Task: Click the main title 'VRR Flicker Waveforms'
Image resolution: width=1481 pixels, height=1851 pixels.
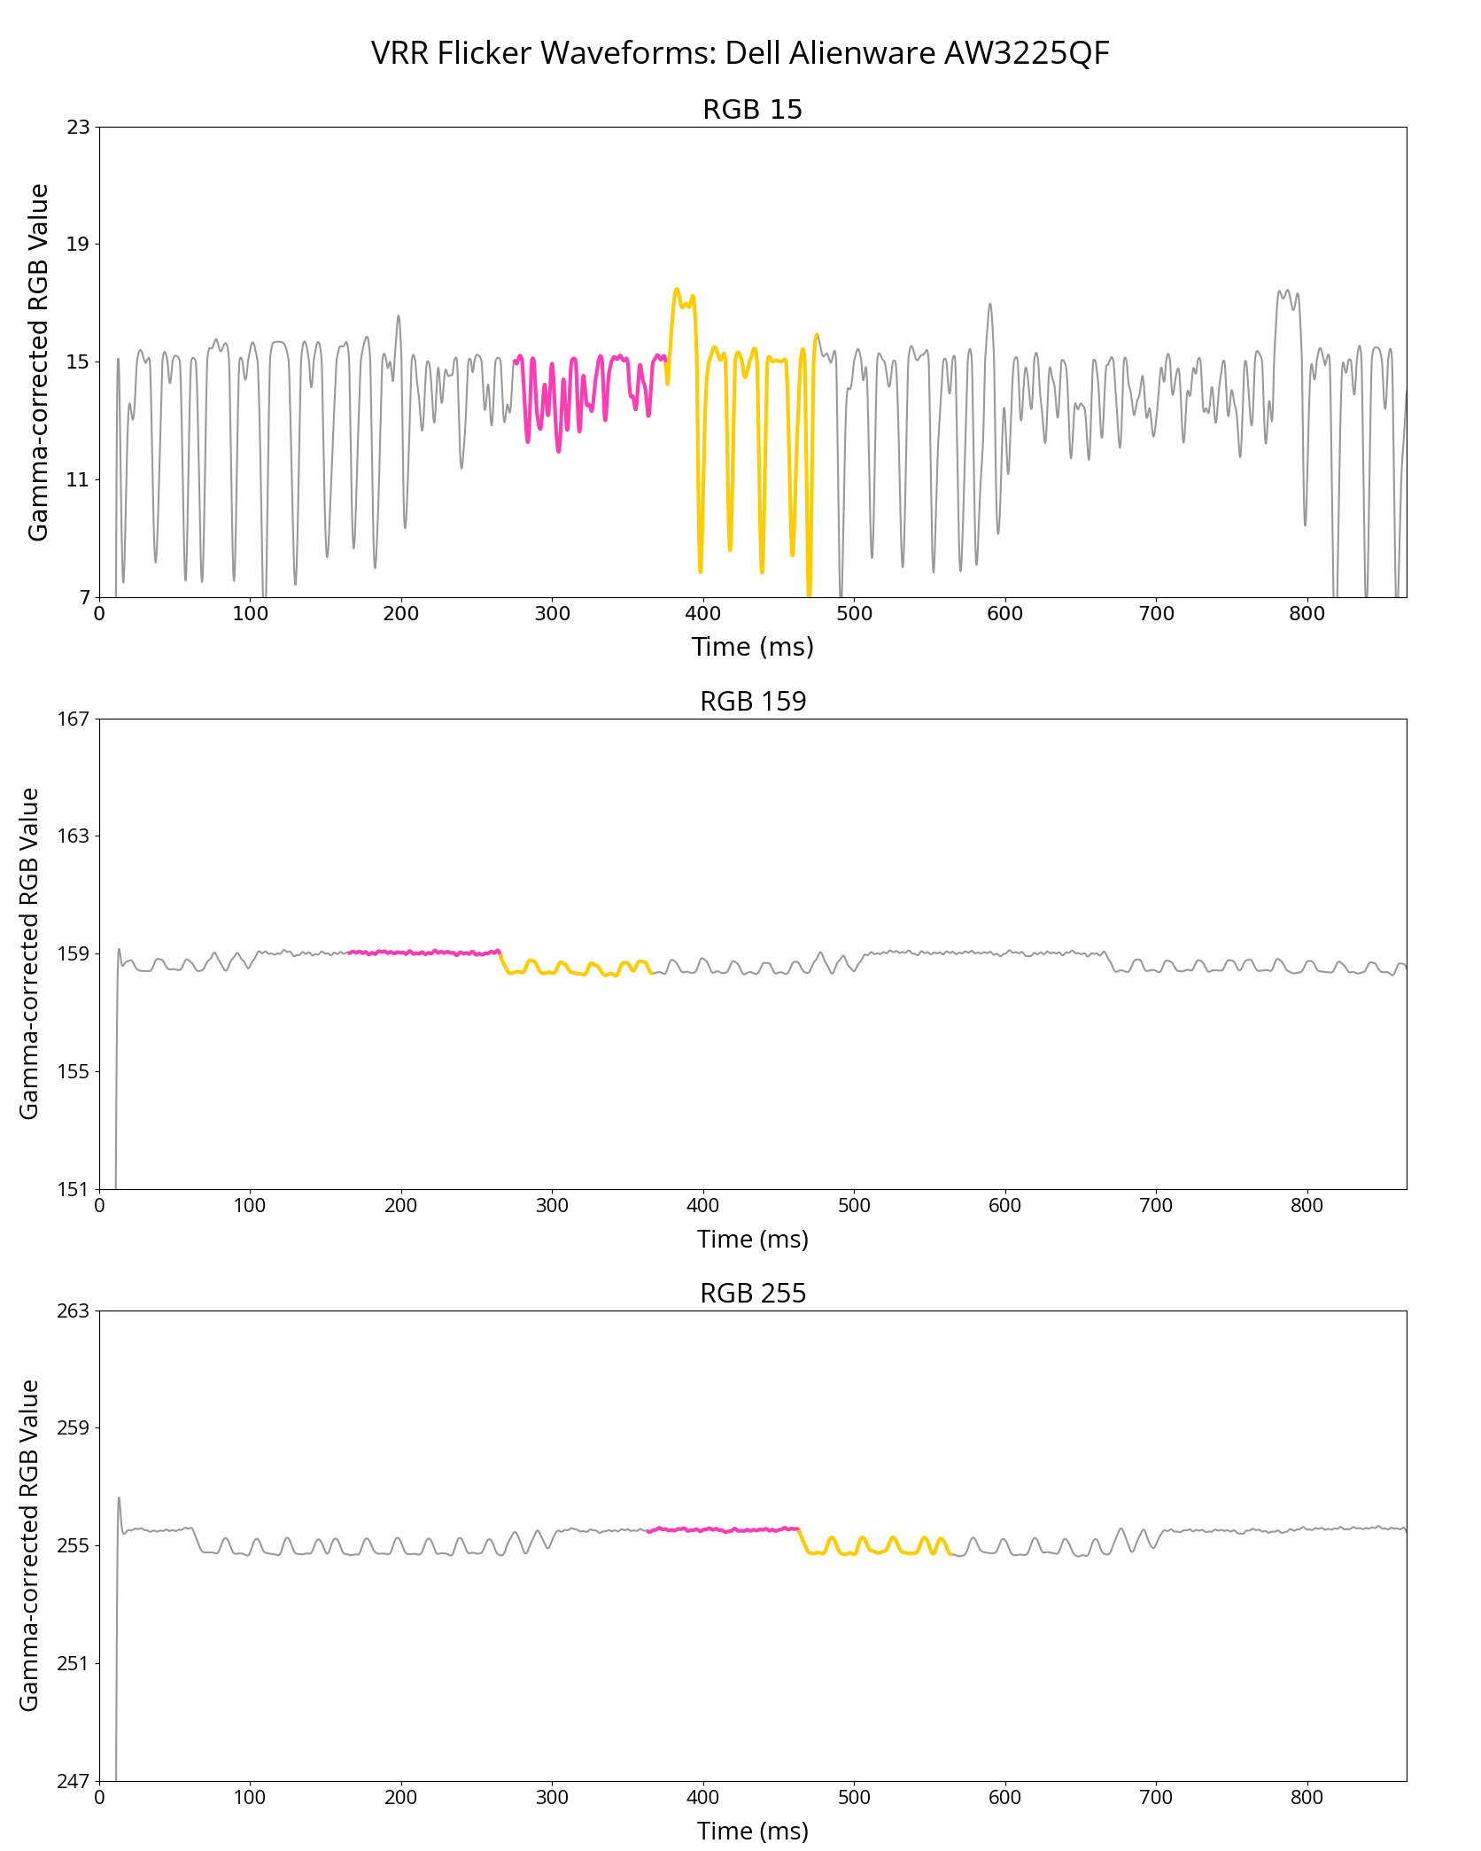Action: click(x=740, y=53)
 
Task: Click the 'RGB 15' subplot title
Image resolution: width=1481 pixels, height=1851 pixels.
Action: click(x=752, y=110)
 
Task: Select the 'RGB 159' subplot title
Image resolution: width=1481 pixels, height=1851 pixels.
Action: click(x=752, y=702)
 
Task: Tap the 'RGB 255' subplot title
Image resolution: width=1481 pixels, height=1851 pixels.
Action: click(x=752, y=1294)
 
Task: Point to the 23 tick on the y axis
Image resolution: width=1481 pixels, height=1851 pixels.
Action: click(x=79, y=127)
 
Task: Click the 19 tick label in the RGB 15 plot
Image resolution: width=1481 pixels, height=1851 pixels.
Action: click(x=79, y=245)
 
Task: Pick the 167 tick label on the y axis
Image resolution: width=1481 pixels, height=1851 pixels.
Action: click(x=74, y=719)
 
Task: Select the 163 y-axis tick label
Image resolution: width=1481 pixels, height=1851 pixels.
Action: click(x=74, y=836)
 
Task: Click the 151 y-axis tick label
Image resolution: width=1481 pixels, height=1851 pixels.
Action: click(x=74, y=1189)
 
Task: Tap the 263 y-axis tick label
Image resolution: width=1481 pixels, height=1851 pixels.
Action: click(x=74, y=1310)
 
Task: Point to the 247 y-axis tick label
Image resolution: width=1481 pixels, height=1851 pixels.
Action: click(x=74, y=1781)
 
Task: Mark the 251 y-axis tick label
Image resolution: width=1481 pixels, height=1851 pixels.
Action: click(x=74, y=1663)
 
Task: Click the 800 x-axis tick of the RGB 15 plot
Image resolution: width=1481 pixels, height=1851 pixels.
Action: click(x=1307, y=613)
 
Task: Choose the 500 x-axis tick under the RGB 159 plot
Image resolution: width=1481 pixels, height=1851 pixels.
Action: click(x=854, y=1205)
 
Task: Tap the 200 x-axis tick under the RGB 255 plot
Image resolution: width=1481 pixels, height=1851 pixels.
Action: click(x=401, y=1797)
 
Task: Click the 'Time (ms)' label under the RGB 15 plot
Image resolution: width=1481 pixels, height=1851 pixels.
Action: click(x=752, y=647)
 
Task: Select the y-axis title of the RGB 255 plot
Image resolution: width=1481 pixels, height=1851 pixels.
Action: click(x=29, y=1545)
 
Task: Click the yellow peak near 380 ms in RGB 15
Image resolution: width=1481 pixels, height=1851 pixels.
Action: click(x=677, y=291)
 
